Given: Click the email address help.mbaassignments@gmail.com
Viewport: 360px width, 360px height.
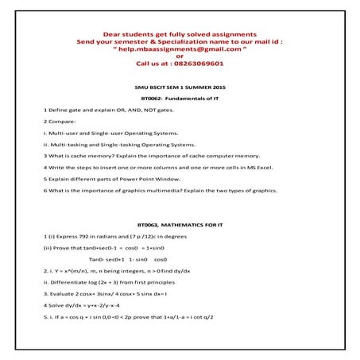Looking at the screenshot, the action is [x=180, y=48].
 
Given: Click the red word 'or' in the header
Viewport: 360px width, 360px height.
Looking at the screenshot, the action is [x=180, y=56].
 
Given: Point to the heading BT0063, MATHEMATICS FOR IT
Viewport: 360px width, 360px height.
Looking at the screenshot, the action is [x=180, y=226].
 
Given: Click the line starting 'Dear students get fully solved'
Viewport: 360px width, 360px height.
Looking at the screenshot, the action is [x=180, y=34].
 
